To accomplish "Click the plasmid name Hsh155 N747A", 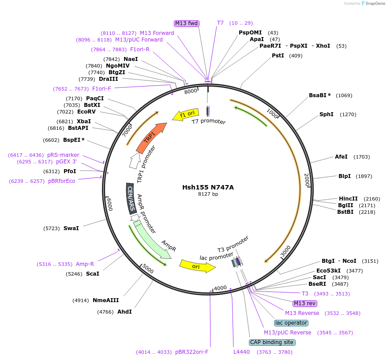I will [208, 187].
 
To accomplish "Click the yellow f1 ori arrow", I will [185, 114].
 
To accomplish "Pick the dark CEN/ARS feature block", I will [131, 198].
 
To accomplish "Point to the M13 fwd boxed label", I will [187, 23].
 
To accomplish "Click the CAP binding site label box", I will [272, 342].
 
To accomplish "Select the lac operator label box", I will [291, 323].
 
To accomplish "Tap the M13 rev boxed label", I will [305, 303].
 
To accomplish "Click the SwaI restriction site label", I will [71, 228].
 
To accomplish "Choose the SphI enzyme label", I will [326, 114].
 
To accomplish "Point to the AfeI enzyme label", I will [341, 157].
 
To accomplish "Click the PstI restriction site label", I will [278, 56].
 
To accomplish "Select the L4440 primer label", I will [241, 352].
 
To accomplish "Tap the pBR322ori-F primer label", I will [192, 352].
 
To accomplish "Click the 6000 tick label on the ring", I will [109, 204].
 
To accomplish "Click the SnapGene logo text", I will [373, 4].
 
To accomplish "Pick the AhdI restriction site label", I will [124, 312].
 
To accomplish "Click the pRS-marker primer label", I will [64, 155].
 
